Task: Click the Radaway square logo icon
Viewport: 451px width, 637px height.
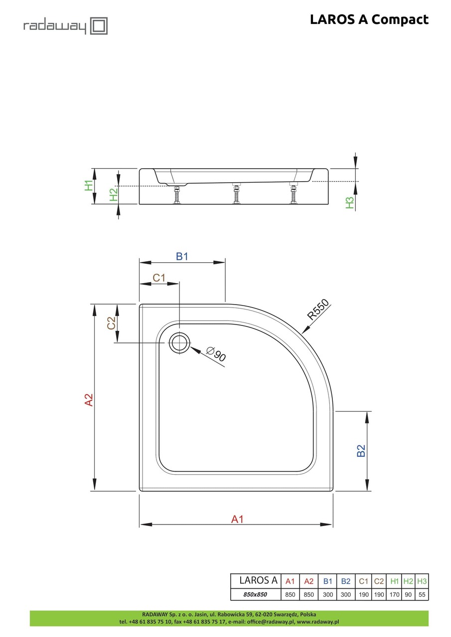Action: point(99,26)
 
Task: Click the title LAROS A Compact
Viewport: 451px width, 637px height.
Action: point(369,19)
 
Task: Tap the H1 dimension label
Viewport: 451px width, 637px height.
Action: point(89,186)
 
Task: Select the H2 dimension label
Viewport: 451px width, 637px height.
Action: point(114,195)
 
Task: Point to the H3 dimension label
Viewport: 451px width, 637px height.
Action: point(350,203)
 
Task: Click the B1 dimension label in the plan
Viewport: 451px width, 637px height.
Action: point(182,257)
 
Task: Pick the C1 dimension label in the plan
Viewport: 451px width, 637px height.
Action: point(158,278)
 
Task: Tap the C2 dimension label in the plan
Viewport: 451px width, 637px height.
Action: point(112,323)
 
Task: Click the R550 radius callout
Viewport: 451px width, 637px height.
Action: point(318,309)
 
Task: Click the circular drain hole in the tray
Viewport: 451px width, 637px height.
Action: point(179,343)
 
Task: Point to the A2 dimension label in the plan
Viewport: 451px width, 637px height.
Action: point(89,400)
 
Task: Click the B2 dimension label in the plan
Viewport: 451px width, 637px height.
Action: point(361,450)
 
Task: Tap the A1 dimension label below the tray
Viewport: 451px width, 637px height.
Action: point(237,519)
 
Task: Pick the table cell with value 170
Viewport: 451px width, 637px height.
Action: point(394,595)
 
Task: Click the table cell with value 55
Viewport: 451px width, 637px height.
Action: point(422,595)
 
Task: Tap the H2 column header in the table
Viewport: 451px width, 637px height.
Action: point(408,581)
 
